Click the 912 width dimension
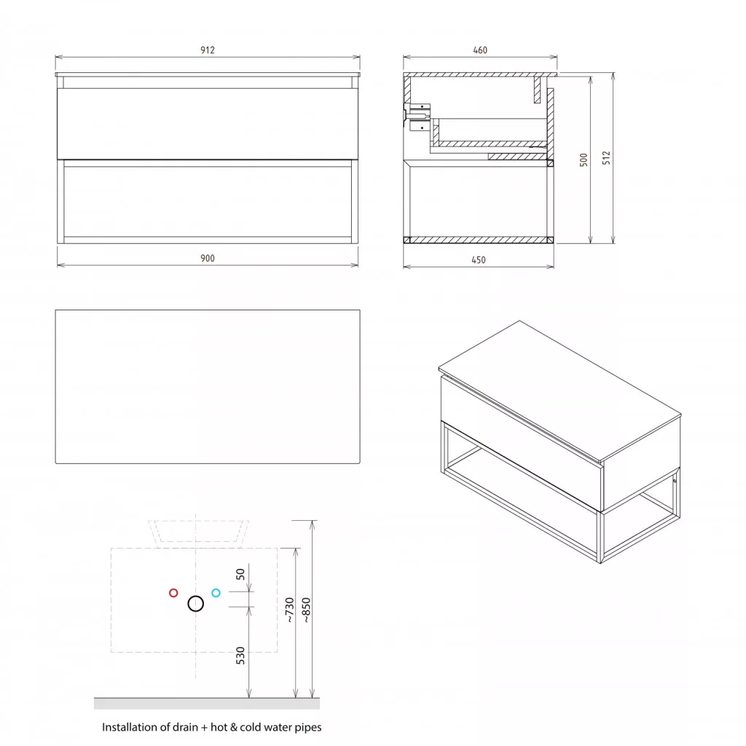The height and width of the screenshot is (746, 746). coord(208,50)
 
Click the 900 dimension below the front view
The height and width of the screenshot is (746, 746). coord(208,258)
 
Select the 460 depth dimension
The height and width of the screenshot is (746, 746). coord(480,50)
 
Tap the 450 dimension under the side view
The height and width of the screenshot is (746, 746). coord(479,260)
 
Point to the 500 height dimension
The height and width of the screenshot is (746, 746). coord(584,160)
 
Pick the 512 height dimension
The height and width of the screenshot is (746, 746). coord(606,158)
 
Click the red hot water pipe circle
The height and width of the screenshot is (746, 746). coord(173,593)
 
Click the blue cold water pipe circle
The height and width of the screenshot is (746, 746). coord(216,593)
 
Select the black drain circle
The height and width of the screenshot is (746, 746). coord(195,604)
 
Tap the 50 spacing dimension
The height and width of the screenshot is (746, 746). coord(240,574)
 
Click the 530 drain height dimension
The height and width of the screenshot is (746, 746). coord(240,656)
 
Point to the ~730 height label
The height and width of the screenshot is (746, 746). coord(290,610)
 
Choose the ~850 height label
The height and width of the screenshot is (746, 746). coord(307,610)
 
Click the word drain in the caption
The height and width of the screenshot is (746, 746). coord(186,727)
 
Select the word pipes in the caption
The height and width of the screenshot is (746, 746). coord(308,728)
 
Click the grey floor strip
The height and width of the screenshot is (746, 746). coord(206,703)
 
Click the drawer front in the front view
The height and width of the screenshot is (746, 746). coord(208,124)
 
